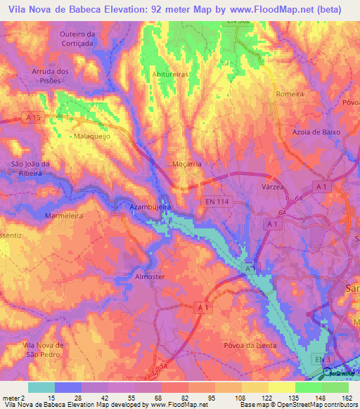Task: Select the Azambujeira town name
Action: click(x=150, y=208)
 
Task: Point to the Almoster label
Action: click(x=150, y=276)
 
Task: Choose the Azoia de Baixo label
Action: click(x=316, y=131)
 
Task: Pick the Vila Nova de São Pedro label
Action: click(x=44, y=349)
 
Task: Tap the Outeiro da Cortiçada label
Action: click(x=77, y=38)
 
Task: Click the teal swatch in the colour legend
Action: click(x=41, y=387)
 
